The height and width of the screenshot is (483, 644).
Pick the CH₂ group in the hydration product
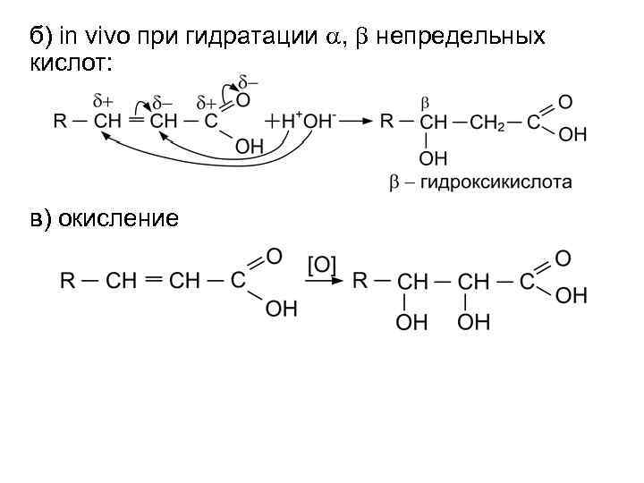[x=487, y=123]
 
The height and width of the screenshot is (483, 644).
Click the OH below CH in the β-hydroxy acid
[x=433, y=159]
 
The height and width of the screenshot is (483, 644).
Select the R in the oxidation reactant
[x=67, y=281]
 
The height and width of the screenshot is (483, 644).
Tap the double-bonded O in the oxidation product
[x=563, y=258]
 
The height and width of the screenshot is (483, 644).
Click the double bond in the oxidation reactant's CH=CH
[x=153, y=280]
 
